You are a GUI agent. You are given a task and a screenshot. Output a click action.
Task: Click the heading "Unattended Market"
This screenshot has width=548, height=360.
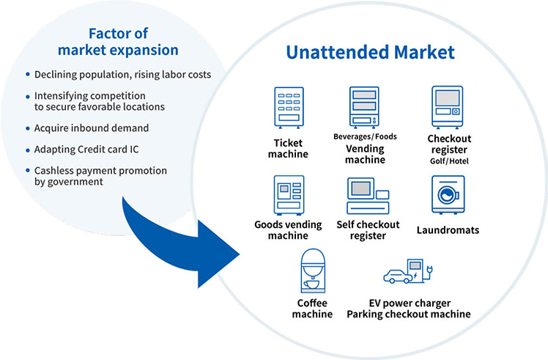[370, 52]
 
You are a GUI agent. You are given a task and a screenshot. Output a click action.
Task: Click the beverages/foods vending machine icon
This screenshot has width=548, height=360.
[364, 106]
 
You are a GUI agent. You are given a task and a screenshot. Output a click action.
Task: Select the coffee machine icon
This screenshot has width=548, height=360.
[313, 273]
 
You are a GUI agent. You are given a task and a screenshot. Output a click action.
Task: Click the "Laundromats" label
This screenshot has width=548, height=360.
[449, 230]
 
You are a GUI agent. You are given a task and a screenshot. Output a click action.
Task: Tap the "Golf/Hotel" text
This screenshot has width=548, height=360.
[448, 161]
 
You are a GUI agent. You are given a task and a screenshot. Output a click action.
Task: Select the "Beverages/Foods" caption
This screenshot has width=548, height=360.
[364, 136]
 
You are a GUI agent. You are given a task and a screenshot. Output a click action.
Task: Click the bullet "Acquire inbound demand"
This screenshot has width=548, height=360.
[92, 128]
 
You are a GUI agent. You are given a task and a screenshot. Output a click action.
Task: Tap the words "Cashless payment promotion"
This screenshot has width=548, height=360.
[100, 171]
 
